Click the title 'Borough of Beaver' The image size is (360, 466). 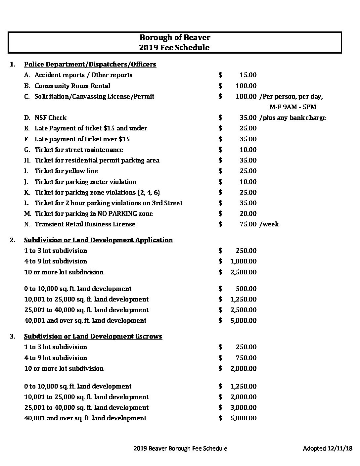[174, 37]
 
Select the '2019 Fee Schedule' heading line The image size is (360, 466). [174, 47]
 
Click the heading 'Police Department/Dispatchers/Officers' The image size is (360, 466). [90, 64]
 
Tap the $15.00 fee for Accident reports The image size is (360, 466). [248, 75]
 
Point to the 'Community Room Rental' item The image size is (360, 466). [72, 86]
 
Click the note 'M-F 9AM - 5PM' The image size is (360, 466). [293, 107]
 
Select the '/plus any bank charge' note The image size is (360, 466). [293, 117]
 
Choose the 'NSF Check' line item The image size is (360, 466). [51, 117]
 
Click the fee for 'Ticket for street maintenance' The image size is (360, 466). [248, 150]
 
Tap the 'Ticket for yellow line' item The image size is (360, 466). [67, 171]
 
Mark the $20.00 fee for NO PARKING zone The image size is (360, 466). [248, 213]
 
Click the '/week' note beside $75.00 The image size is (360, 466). [269, 224]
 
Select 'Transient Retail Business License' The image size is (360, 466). [85, 224]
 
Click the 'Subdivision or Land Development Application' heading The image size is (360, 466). [98, 240]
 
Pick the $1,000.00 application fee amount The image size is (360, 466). [243, 261]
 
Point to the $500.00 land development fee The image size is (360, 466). [246, 289]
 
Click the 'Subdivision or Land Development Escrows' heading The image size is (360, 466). [93, 336]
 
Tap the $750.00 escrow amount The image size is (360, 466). [246, 358]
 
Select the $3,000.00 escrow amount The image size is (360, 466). [243, 407]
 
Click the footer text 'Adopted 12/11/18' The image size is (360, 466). [328, 448]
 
